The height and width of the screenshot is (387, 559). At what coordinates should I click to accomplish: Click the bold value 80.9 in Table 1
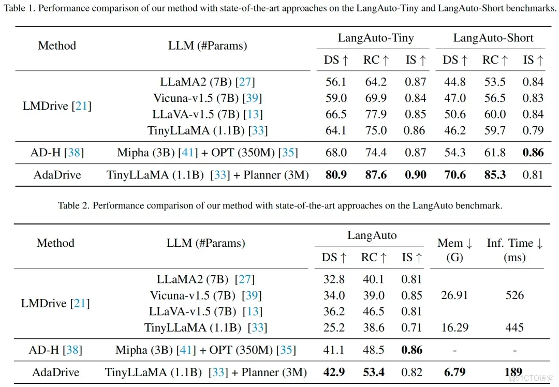pos(336,175)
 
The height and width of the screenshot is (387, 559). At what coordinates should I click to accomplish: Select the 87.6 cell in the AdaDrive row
pos(376,175)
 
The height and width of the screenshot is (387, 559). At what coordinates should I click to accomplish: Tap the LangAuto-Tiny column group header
pos(376,38)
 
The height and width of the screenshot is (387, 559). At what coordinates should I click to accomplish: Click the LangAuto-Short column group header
pos(493,38)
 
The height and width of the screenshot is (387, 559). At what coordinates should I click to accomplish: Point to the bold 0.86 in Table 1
pos(533,153)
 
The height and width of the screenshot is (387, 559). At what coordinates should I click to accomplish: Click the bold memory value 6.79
pos(454,372)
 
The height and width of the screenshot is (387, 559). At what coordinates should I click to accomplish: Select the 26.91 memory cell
pos(454,295)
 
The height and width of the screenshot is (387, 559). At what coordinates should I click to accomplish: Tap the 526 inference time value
pos(514,295)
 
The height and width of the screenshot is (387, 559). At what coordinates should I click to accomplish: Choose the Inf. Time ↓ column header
pos(514,243)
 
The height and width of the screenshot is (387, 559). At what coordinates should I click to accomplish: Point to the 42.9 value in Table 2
pos(334,372)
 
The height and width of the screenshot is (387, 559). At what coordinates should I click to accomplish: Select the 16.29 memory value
pos(454,328)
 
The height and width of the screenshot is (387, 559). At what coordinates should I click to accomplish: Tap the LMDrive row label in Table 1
pos(57,106)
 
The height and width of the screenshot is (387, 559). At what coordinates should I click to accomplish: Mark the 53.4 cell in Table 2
pos(373,372)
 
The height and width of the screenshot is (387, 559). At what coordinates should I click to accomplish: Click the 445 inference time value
pos(514,328)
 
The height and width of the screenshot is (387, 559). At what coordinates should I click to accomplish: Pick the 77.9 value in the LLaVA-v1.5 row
pos(376,114)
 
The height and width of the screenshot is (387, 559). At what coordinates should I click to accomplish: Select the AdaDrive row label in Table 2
pos(56,372)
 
